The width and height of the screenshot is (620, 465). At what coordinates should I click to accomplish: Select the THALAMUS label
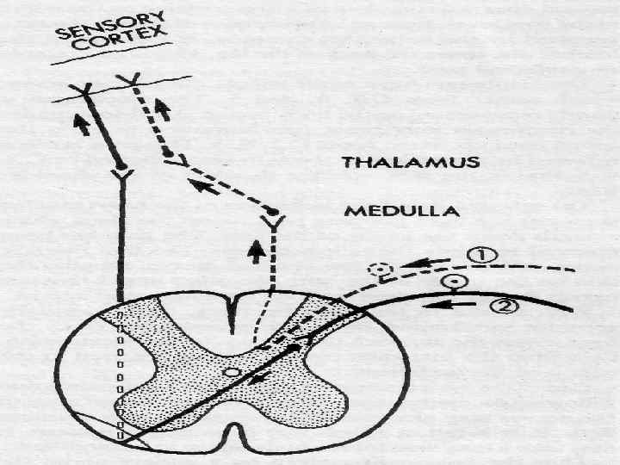[x=411, y=163]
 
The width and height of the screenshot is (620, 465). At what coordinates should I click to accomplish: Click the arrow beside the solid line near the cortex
[x=81, y=124]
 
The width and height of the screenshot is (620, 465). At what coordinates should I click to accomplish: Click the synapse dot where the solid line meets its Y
[x=121, y=164]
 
